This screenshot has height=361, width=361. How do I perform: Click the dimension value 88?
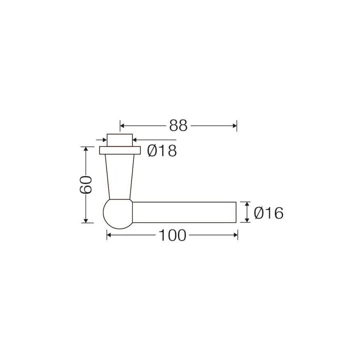(x=178, y=126)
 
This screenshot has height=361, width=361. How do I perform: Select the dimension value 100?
(x=172, y=235)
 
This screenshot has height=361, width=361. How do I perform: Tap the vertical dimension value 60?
(x=86, y=185)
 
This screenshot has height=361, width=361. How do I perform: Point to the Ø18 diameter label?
(x=162, y=151)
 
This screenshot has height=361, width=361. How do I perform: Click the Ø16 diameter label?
(x=268, y=213)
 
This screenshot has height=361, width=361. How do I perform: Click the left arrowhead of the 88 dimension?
(x=122, y=126)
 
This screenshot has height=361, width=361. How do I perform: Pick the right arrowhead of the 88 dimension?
(x=235, y=126)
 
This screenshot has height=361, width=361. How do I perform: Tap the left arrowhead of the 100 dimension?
(x=109, y=235)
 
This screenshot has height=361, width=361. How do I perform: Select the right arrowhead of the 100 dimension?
(x=235, y=235)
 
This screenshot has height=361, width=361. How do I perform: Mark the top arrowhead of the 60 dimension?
(x=86, y=149)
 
